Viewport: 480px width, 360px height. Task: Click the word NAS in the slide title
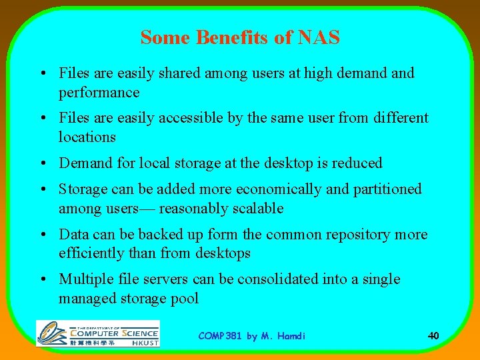(x=319, y=38)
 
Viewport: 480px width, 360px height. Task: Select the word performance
(x=99, y=92)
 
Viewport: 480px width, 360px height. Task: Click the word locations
(x=87, y=137)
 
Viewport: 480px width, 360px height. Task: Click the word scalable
(x=258, y=209)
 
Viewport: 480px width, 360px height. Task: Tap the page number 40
(x=433, y=336)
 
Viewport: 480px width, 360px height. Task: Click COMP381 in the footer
(x=221, y=336)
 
